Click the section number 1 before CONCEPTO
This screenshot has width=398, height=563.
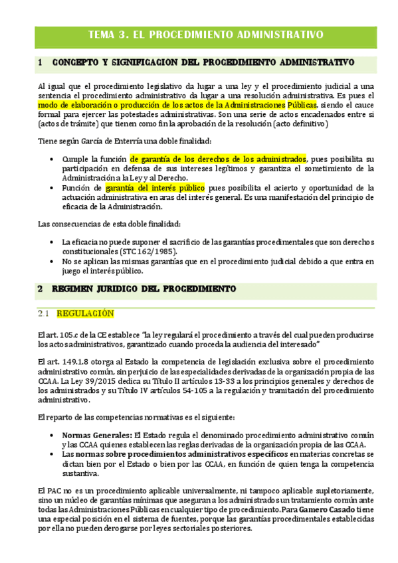41,62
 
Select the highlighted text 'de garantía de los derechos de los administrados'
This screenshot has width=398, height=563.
218,159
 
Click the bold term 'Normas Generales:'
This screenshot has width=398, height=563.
93,434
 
